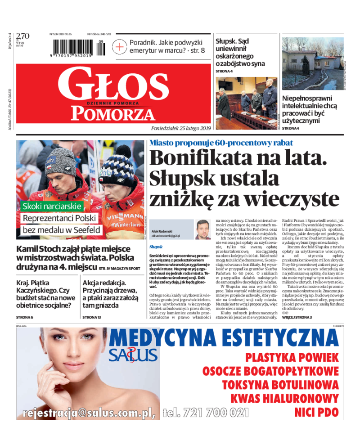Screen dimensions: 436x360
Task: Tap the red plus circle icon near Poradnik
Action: click(x=120, y=47)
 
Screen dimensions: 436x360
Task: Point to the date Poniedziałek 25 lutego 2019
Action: click(x=181, y=128)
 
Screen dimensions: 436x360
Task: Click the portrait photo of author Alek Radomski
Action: click(x=202, y=229)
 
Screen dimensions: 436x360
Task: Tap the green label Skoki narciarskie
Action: click(x=53, y=207)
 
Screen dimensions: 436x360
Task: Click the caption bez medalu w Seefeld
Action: click(x=61, y=230)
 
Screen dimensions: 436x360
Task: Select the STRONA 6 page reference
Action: click(x=25, y=317)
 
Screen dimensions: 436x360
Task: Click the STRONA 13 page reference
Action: click(x=92, y=317)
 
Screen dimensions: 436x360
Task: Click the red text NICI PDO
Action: click(x=316, y=412)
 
